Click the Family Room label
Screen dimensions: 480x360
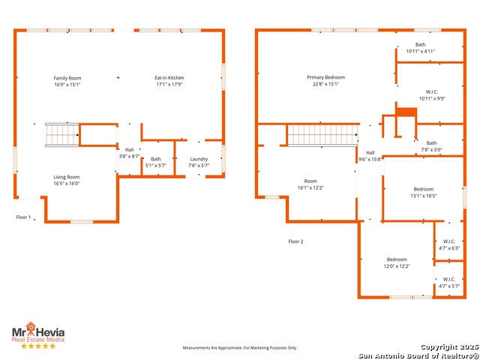67,78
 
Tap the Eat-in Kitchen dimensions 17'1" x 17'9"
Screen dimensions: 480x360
169,85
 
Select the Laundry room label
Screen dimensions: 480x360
199,159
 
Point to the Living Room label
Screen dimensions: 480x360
67,177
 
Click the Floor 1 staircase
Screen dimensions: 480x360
62,135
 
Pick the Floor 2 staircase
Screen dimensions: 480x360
322,135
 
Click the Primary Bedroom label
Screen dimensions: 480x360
325,77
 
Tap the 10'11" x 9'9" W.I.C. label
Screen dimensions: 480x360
432,95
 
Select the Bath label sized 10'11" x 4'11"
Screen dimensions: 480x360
420,48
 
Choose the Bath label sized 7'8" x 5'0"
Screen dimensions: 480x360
431,147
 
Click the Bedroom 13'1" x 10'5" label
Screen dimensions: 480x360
423,193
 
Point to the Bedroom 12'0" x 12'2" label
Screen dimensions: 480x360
397,263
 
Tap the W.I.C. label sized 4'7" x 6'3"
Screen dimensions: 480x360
449,245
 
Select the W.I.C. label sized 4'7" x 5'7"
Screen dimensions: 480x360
449,283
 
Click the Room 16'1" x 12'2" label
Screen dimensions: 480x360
310,184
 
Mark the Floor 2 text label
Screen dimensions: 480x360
295,241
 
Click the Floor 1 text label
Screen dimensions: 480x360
23,217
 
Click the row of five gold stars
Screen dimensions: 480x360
38,346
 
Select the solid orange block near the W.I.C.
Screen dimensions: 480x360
406,112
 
